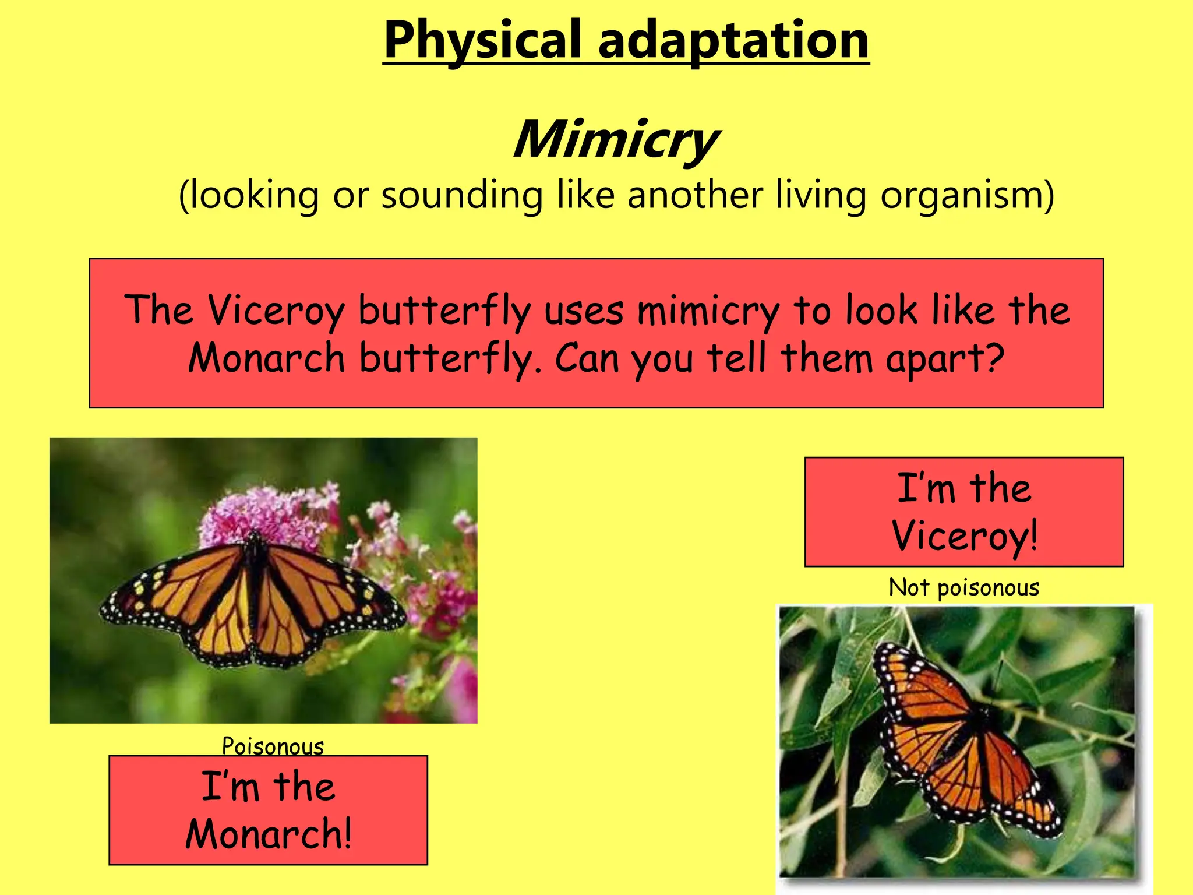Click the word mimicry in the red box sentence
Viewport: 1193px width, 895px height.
[708, 310]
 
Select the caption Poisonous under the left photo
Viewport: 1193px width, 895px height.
[273, 746]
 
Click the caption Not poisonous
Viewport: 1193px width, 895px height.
[963, 587]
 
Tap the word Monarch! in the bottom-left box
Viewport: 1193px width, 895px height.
[269, 834]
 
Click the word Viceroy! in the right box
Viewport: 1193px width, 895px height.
[965, 535]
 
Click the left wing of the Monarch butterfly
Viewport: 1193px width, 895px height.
[186, 600]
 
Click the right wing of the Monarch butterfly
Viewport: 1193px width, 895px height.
[326, 600]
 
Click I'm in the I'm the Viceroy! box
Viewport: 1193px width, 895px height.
[926, 488]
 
